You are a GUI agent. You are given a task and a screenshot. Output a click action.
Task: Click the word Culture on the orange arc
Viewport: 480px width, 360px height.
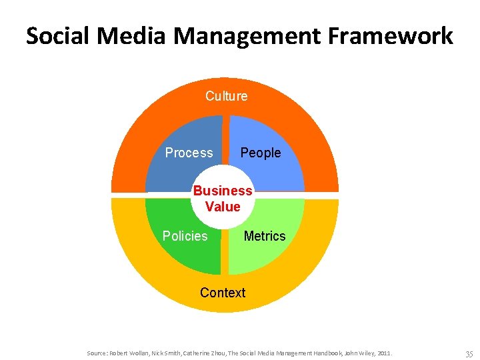point(226,96)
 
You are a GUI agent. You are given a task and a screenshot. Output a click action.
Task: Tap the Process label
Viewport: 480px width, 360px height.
point(189,153)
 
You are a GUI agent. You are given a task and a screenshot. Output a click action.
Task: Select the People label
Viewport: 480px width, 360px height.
point(260,153)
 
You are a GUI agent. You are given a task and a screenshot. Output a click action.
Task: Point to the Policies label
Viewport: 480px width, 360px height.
point(185,236)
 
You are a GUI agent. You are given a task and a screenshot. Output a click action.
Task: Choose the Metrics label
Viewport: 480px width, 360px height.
point(264,236)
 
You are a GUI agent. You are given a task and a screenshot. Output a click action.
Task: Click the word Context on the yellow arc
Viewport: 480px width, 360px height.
point(223,293)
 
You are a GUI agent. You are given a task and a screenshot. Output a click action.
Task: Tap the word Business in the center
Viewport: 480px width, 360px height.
point(223,191)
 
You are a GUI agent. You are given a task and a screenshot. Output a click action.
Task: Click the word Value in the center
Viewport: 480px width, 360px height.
point(223,207)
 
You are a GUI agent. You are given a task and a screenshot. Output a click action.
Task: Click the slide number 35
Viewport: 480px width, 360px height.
point(469,353)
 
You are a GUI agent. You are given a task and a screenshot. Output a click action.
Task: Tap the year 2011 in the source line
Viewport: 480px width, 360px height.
point(384,352)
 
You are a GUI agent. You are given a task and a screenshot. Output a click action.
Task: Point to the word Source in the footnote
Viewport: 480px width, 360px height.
point(96,352)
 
